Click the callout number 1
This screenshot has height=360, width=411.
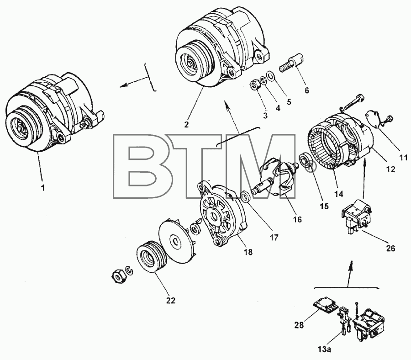tap(43, 187)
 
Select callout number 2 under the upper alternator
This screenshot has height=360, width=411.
tap(186, 124)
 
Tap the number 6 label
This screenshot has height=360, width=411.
tap(307, 90)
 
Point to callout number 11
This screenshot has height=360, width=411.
tap(403, 158)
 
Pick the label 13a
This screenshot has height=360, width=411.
tap(323, 349)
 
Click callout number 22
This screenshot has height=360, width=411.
tap(171, 301)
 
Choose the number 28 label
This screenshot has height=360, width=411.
tap(299, 325)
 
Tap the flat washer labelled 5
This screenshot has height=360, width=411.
tap(270, 76)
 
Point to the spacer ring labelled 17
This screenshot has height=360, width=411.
tap(245, 196)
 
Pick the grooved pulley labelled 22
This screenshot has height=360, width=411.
tap(151, 258)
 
